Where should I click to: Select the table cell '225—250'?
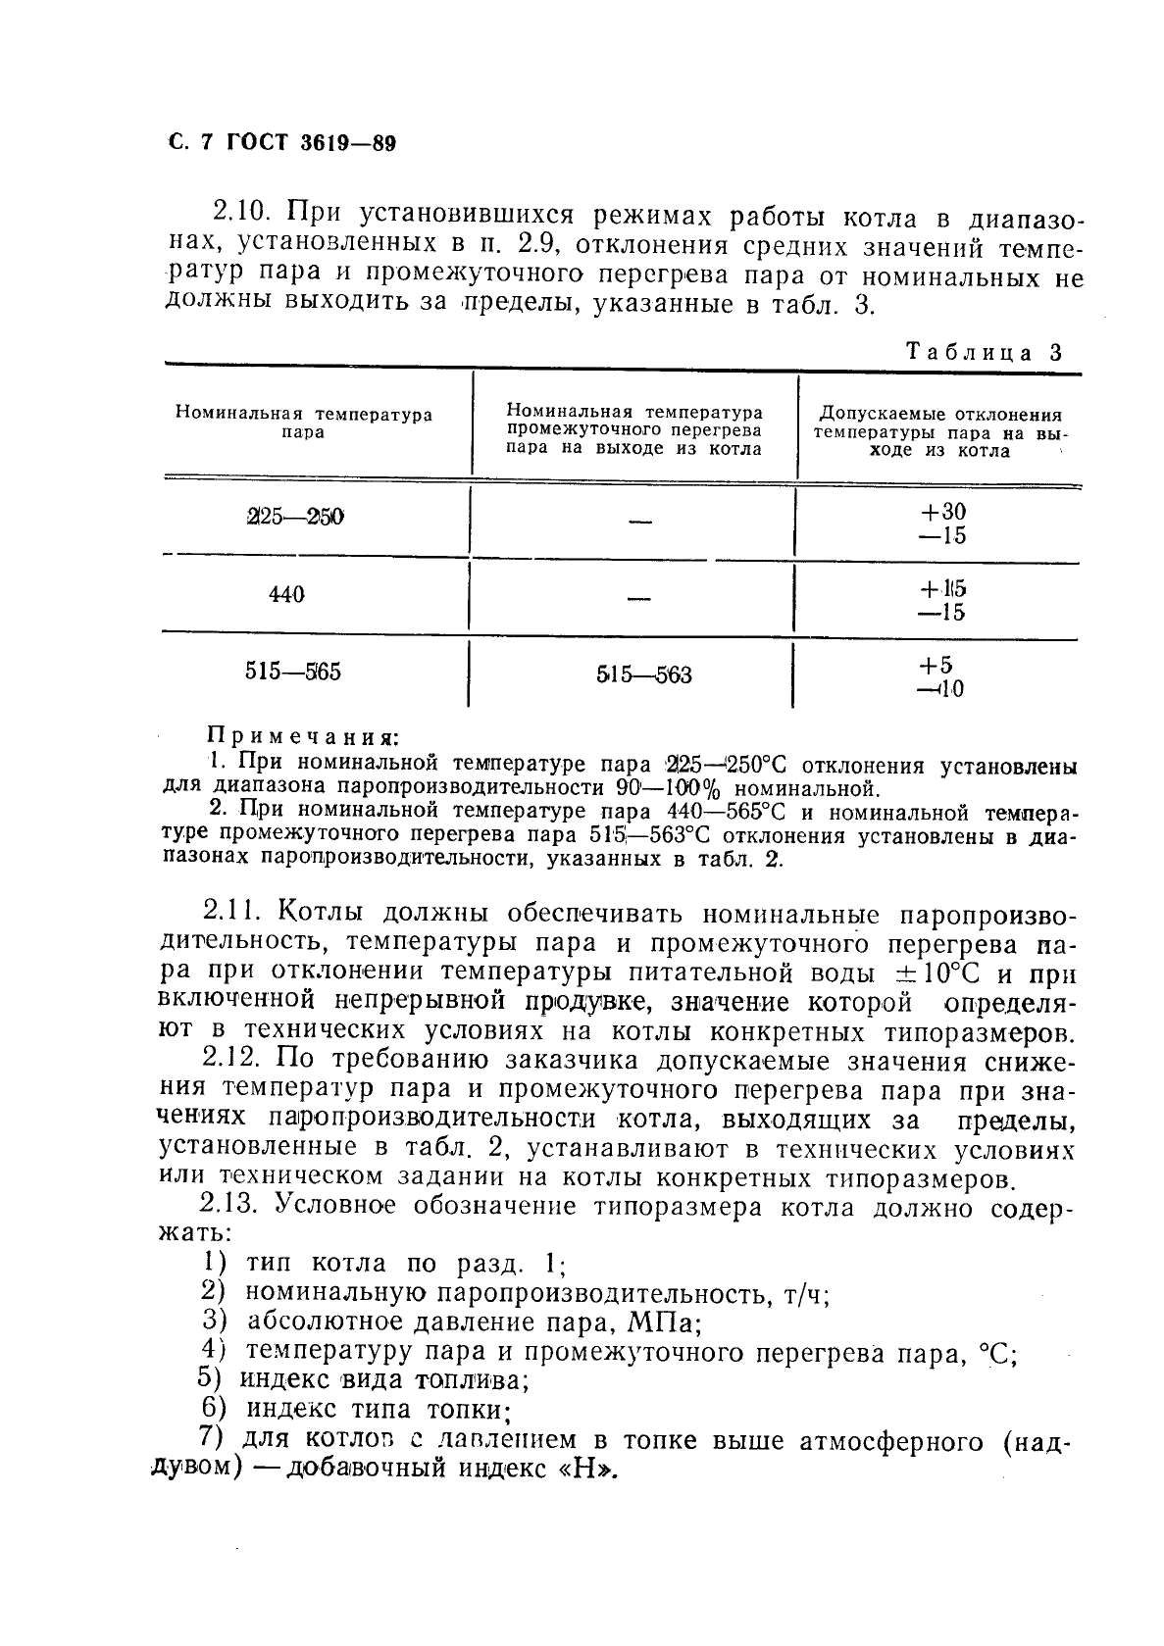click(295, 517)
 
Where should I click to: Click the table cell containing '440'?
click(286, 594)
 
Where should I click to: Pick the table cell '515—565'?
click(292, 673)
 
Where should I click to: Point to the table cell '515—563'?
click(643, 675)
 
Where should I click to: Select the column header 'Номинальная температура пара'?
click(304, 424)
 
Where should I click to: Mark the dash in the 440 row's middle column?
click(639, 599)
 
